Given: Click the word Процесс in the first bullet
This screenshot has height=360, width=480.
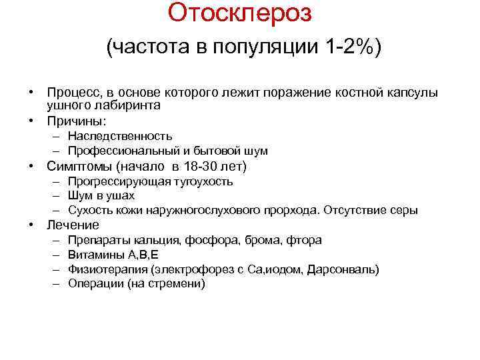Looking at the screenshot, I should point(72,93).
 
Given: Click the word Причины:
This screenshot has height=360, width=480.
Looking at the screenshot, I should point(77,121).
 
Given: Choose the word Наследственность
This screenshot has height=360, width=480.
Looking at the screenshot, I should point(120,137).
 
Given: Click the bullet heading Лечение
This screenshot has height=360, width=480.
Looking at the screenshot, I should point(73,225).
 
